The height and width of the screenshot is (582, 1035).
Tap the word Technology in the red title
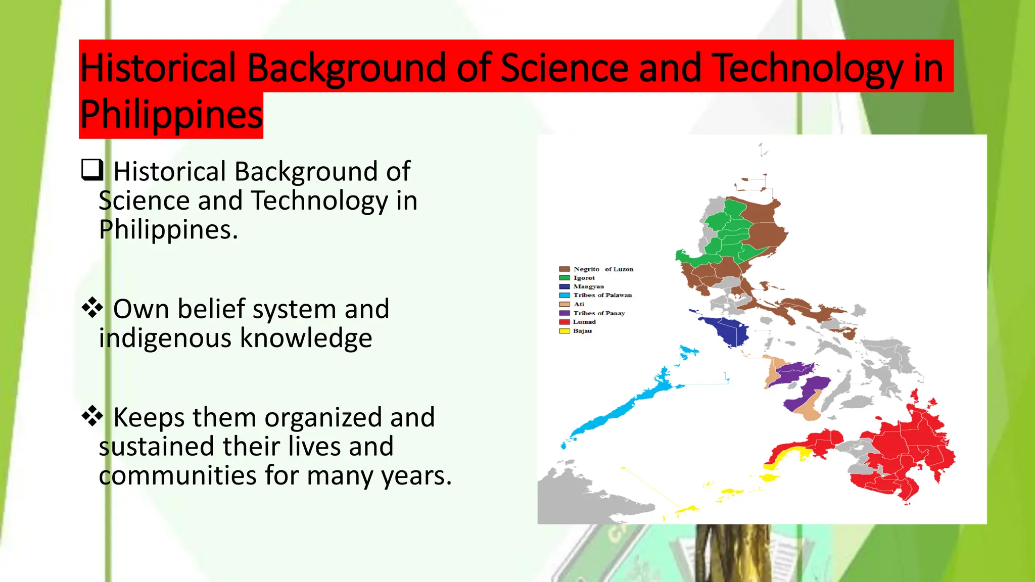coord(809,68)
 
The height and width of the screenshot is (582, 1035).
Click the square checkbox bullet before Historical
coord(92,170)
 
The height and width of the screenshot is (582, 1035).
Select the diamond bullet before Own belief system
coord(92,308)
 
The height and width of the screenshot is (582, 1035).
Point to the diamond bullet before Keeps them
coord(92,416)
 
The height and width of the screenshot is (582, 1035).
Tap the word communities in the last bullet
coord(178,476)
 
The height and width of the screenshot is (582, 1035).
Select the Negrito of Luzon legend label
coord(603,269)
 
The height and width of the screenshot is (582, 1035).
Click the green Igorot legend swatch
coord(564,278)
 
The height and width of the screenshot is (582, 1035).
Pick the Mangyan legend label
coord(588,286)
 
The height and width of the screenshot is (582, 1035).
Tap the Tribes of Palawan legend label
coord(602,295)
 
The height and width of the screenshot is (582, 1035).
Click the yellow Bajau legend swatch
coord(564,331)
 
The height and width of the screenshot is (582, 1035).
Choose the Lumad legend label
coord(584,322)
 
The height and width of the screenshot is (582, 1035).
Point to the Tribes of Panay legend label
coord(599,313)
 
